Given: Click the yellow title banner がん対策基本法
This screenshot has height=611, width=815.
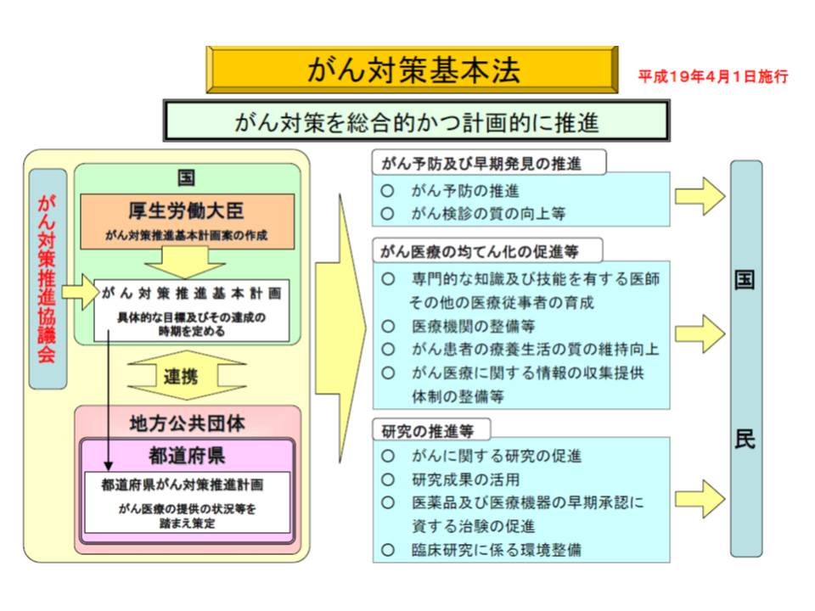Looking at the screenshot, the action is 413,70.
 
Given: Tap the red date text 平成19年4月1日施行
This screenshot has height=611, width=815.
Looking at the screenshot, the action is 713,77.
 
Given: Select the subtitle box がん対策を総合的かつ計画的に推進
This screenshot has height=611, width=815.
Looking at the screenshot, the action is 416,121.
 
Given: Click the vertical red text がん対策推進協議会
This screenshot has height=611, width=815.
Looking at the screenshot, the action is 47,278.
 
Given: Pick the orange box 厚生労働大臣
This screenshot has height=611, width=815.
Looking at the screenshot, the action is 187,221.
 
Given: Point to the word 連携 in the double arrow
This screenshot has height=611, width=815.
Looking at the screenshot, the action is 180,376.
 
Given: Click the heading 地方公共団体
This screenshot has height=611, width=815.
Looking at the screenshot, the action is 187,423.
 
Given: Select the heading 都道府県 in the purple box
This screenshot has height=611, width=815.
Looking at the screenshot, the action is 187,456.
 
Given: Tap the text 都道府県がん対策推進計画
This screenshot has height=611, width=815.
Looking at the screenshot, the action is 183,485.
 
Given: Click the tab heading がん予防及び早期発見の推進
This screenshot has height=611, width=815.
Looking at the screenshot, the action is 481,164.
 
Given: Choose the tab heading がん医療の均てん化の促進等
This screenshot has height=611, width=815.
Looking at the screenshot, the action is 479,252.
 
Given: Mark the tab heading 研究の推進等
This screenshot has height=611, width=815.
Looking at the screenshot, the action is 428,431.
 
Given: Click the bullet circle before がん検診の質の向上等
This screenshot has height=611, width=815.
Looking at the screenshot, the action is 387,214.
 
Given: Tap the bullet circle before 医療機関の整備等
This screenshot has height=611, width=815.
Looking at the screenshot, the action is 388,326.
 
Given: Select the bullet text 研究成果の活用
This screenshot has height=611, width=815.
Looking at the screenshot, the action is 466,479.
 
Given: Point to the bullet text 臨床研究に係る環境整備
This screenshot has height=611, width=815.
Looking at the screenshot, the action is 497,550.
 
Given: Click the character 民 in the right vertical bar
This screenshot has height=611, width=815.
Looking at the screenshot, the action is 745,440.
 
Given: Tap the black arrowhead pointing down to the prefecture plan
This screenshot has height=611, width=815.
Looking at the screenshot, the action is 108,465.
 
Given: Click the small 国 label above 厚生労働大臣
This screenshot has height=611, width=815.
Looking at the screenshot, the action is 187,177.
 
